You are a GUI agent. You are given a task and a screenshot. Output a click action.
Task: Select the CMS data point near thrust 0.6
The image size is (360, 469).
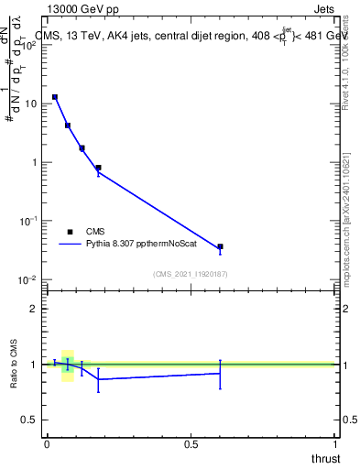220,246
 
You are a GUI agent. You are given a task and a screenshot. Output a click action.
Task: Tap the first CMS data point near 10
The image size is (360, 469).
55,97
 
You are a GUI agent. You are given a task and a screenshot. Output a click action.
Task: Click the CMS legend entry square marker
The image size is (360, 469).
70,232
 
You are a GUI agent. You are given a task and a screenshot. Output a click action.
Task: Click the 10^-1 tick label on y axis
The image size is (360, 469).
28,221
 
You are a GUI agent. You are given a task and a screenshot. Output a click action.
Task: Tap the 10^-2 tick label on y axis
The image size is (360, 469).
28,279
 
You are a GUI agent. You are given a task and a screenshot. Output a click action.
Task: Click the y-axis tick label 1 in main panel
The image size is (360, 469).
35,162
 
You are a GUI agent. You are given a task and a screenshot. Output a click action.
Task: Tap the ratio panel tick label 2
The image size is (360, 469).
35,309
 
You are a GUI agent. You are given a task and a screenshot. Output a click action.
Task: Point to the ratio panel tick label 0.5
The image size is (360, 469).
30,420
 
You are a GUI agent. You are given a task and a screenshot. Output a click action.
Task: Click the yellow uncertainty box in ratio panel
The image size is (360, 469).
68,365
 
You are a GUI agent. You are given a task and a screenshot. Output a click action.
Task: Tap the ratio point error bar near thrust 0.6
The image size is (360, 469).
220,374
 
